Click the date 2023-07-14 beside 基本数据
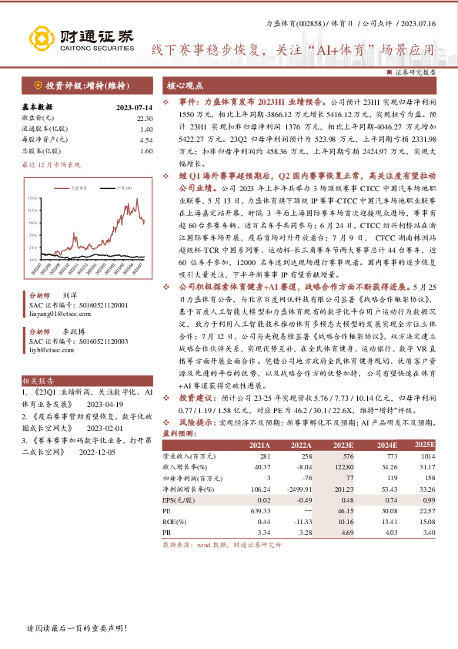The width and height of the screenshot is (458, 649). point(135,107)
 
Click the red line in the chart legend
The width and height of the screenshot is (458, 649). point(64,187)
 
